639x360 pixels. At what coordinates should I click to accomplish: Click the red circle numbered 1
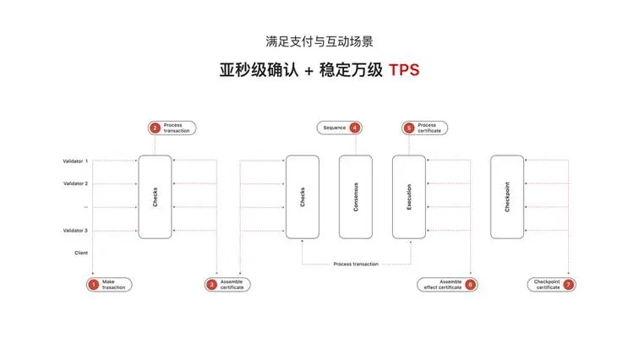[x=93, y=284]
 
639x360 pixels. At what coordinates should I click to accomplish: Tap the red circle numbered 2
[x=155, y=128]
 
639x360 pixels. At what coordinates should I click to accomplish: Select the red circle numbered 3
[x=211, y=284]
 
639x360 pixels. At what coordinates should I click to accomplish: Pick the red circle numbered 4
[x=355, y=128]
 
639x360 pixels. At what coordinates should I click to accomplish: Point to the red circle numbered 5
[x=409, y=128]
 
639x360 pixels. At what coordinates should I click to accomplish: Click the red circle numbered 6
[x=470, y=284]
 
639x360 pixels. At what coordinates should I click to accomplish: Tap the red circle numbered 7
[x=569, y=284]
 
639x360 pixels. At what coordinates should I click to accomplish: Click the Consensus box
[x=355, y=197]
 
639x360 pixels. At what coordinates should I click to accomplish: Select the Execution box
[x=409, y=197]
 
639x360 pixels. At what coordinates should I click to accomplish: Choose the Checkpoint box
[x=507, y=197]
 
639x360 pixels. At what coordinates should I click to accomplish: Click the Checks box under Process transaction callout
[x=155, y=197]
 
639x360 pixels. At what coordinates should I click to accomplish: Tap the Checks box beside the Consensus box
[x=303, y=197]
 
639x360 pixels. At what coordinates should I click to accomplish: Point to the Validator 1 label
[x=75, y=161]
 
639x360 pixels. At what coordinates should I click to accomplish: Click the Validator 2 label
[x=75, y=183]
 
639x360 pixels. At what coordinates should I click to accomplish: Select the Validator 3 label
[x=75, y=231]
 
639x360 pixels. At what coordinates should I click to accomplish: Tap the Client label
[x=81, y=253]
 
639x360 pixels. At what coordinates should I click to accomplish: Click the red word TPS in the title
[x=404, y=70]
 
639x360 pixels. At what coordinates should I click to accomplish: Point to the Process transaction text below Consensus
[x=356, y=264]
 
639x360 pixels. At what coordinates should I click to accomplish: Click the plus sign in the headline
[x=309, y=71]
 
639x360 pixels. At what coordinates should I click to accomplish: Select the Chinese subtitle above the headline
[x=319, y=41]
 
